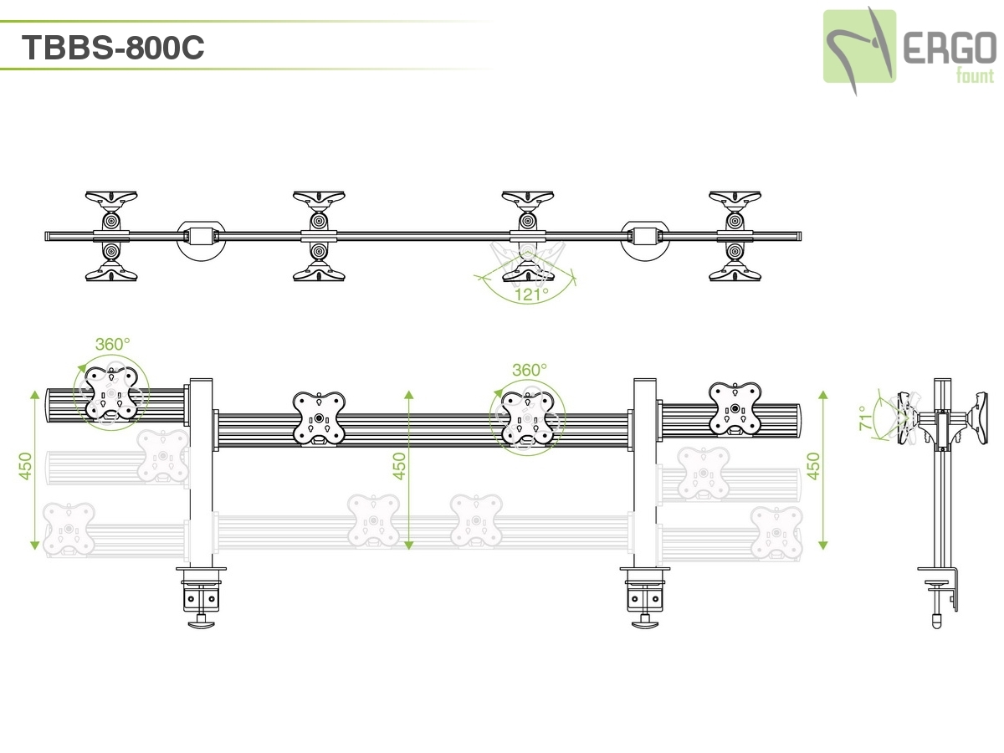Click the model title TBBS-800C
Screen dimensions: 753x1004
113,48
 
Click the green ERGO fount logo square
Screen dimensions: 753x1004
859,46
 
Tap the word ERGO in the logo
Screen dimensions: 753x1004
950,52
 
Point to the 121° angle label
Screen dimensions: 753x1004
530,295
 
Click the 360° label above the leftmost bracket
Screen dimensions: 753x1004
112,344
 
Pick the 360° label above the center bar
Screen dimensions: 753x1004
530,370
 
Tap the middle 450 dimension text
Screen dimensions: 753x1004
400,467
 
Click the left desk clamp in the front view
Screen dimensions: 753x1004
201,595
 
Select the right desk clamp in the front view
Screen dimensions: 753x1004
644,595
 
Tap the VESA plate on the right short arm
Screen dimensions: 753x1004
735,409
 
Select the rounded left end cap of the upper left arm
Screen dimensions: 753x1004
49,405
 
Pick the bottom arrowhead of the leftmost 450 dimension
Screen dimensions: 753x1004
35,545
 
